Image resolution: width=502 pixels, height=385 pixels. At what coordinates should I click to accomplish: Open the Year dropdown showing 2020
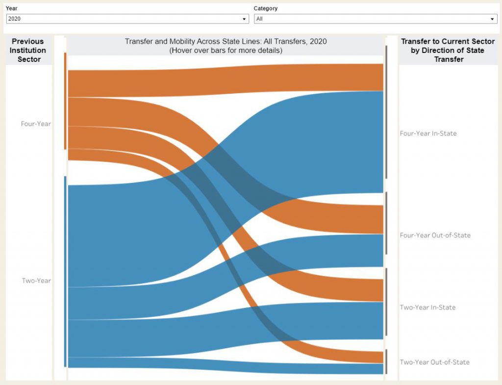tap(127, 19)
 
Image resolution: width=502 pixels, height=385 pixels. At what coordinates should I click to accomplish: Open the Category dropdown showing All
tap(375, 19)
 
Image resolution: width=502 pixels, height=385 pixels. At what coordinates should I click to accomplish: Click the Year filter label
tap(12, 8)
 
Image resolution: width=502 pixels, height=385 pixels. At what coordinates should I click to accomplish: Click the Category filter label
tap(265, 8)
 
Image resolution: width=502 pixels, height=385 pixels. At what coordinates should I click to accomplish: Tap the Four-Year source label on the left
tap(36, 124)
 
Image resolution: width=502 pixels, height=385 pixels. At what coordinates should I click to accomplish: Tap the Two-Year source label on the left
tap(36, 281)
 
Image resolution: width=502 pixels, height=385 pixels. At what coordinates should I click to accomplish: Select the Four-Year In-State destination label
tap(428, 133)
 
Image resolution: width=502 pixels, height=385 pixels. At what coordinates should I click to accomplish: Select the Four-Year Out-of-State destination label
tap(435, 235)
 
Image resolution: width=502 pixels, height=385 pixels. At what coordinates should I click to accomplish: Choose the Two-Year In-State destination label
tap(427, 308)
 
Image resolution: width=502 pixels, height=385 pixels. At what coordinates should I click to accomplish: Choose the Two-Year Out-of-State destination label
tap(434, 362)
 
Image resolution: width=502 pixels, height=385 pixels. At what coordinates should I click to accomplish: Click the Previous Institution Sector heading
tap(28, 50)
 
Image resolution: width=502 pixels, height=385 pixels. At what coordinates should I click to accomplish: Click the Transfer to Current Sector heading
tap(448, 50)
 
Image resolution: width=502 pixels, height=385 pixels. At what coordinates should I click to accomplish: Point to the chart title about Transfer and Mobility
tap(226, 42)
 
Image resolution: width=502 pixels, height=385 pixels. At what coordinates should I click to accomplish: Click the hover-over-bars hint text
tap(226, 51)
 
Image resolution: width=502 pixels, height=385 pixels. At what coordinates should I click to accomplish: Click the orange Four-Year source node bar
tap(65, 101)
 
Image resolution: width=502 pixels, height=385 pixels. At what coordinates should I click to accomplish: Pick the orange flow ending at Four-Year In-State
tap(226, 81)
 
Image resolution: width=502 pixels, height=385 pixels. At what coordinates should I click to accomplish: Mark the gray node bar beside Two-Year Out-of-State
tap(386, 361)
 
